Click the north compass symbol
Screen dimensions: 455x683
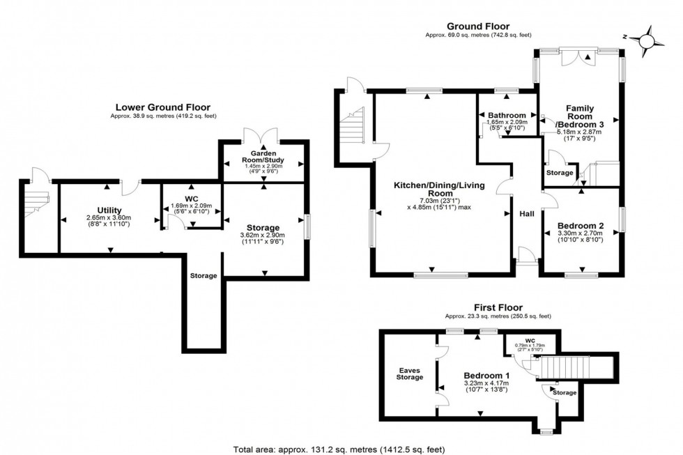pos(647,41)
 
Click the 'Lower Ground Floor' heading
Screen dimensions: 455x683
pos(162,107)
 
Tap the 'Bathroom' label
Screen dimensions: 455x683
pos(507,115)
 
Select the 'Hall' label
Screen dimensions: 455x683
pos(526,215)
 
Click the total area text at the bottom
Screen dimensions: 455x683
pos(341,447)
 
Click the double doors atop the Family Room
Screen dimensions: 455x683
pos(578,56)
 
